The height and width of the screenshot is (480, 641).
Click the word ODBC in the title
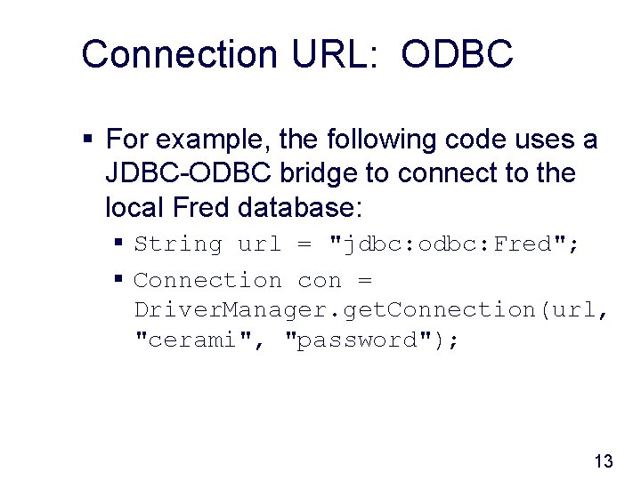(457, 53)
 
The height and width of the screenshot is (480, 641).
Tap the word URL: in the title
(339, 53)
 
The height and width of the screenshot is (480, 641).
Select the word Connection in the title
(179, 53)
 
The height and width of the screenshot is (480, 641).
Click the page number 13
(603, 460)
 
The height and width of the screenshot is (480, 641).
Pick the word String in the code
(178, 244)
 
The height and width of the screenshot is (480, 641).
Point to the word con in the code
(320, 281)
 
